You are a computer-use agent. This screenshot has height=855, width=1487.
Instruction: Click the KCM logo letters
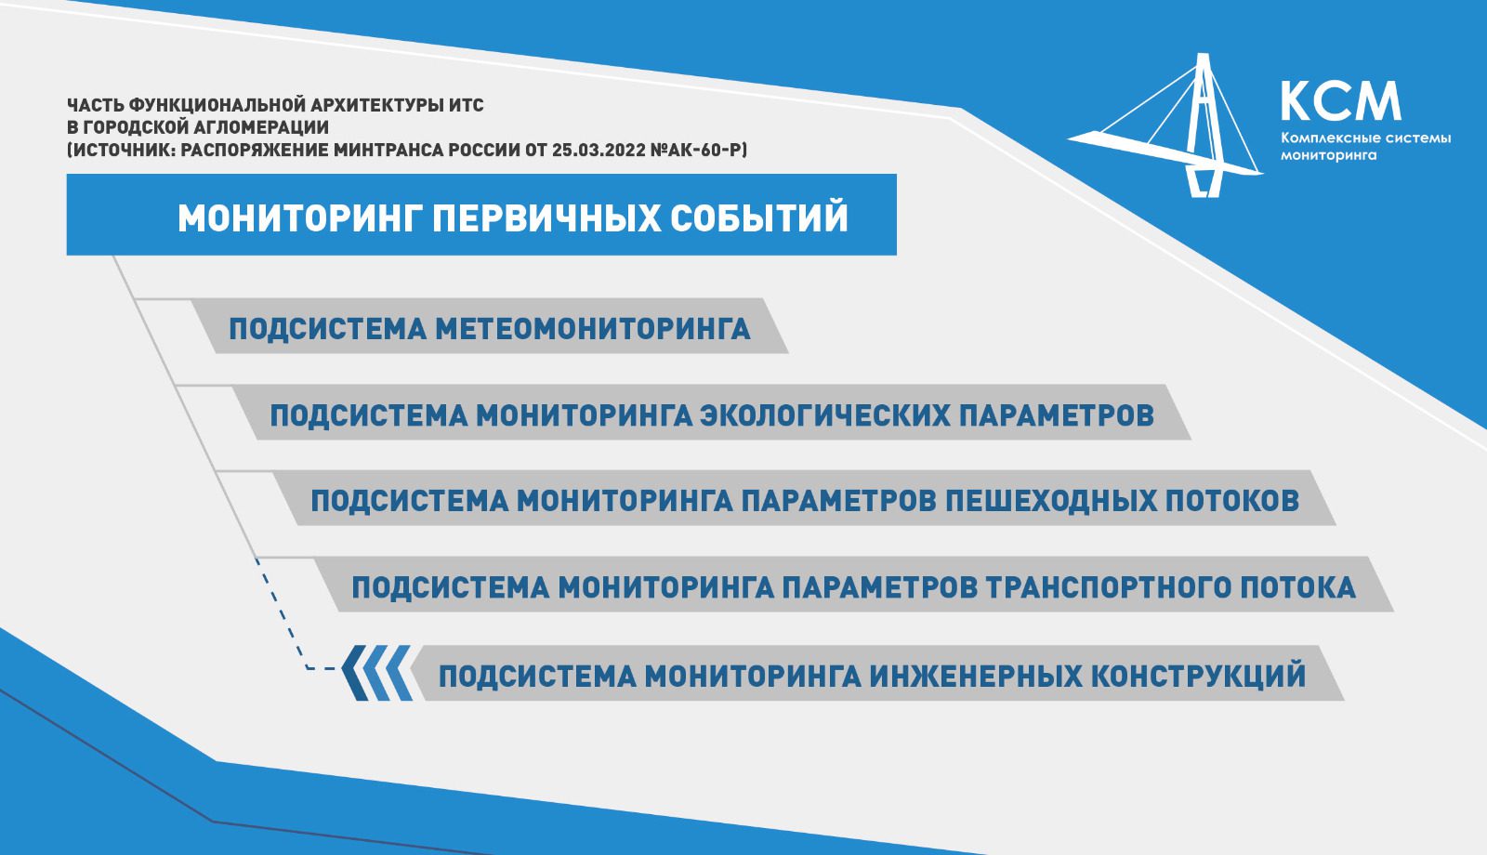1341,101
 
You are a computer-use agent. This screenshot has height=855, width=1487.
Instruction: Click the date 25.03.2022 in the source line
599,150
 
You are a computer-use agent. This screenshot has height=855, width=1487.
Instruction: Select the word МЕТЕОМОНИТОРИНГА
593,329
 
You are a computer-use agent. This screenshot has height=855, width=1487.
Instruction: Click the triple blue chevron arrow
375,673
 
